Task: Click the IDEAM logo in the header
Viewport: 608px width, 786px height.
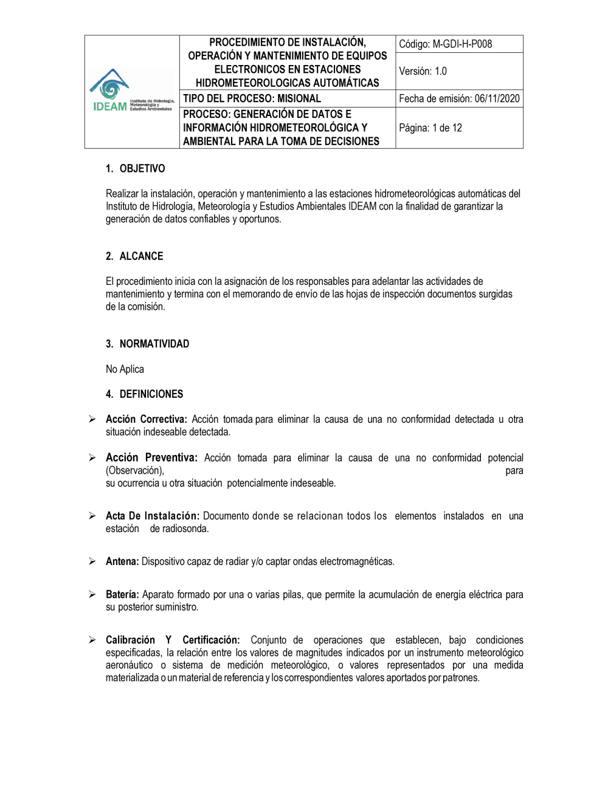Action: [x=131, y=92]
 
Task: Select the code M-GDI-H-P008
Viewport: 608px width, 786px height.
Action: [x=462, y=44]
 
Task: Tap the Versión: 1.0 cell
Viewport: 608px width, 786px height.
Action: [x=423, y=71]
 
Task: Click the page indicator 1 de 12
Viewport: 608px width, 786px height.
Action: [x=447, y=128]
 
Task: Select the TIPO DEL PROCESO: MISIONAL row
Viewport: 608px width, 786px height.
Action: [x=252, y=98]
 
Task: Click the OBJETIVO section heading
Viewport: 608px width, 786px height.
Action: [x=142, y=169]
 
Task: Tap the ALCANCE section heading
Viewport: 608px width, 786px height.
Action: [x=141, y=256]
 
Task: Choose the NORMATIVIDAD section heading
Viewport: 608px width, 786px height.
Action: [x=154, y=344]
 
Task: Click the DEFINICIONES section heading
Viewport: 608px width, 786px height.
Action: [x=151, y=394]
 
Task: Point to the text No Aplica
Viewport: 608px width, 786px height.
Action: [x=125, y=369]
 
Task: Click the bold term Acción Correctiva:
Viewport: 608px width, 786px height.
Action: [x=146, y=419]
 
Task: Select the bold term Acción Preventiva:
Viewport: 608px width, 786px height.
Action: [x=151, y=457]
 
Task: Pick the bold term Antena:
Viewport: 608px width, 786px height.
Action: [x=122, y=561]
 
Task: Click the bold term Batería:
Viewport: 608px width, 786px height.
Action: [x=122, y=594]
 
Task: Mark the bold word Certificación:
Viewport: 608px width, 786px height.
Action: [x=211, y=640]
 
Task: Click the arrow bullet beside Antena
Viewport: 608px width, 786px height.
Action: [x=92, y=561]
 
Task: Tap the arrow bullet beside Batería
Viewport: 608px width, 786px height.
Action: [x=92, y=594]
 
